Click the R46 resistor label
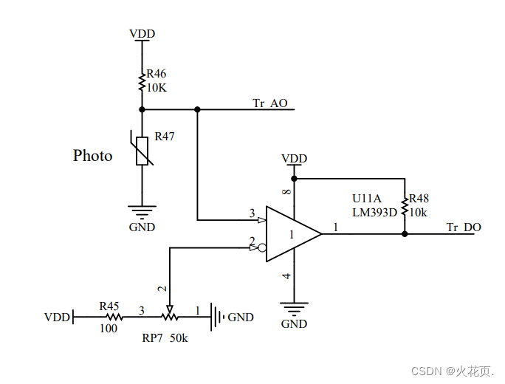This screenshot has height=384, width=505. (x=156, y=74)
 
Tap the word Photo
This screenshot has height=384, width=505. (x=93, y=156)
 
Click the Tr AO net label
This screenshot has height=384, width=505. (x=270, y=103)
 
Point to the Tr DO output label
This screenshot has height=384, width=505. (x=464, y=227)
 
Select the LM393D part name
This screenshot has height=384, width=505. (x=375, y=212)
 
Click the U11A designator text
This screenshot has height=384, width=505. (x=367, y=199)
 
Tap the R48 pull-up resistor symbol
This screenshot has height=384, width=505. (x=405, y=206)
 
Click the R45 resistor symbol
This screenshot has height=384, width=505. (x=109, y=317)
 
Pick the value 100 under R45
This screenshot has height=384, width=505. (x=109, y=329)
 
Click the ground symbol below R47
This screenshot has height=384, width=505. (x=142, y=211)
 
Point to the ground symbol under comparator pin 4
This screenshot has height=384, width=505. (x=294, y=308)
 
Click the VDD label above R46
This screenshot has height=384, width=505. (x=142, y=33)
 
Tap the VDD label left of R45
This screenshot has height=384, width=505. (x=57, y=318)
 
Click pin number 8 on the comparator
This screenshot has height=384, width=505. (x=287, y=192)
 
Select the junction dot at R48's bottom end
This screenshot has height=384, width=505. (x=405, y=234)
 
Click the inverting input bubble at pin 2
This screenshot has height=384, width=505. (x=261, y=247)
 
